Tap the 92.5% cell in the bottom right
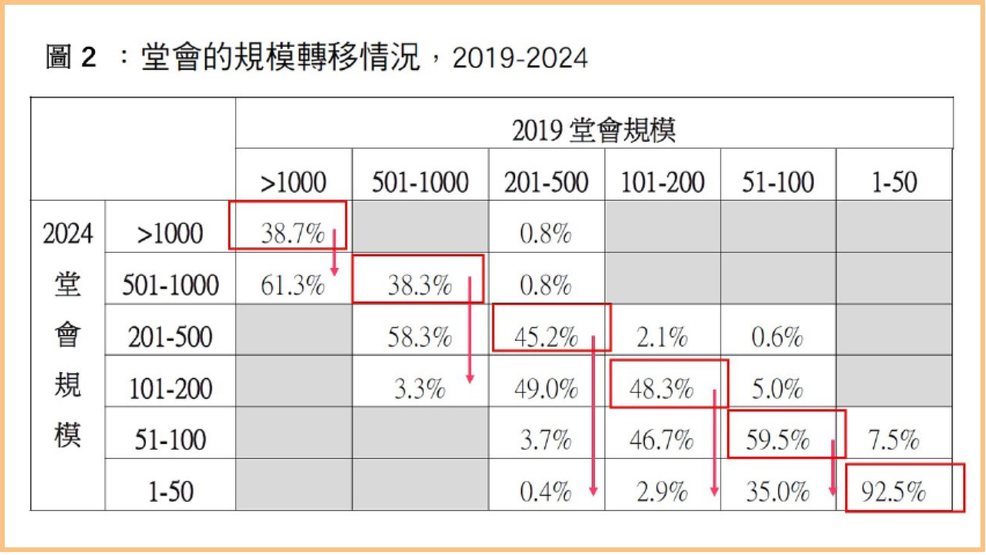tap(893, 491)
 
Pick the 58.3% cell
tap(420, 337)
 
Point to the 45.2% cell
tap(546, 337)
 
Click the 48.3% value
tap(661, 388)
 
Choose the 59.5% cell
tap(777, 439)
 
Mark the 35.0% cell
tap(777, 491)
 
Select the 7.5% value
tap(893, 439)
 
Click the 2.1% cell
tap(662, 337)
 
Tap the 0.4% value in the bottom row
tap(545, 491)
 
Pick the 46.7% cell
tap(661, 439)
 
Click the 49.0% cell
tap(546, 388)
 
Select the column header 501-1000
tap(420, 182)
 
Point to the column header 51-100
tap(778, 182)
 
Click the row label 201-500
tap(170, 337)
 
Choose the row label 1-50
tap(171, 491)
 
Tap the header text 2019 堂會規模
tap(594, 130)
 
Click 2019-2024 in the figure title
tap(520, 58)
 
